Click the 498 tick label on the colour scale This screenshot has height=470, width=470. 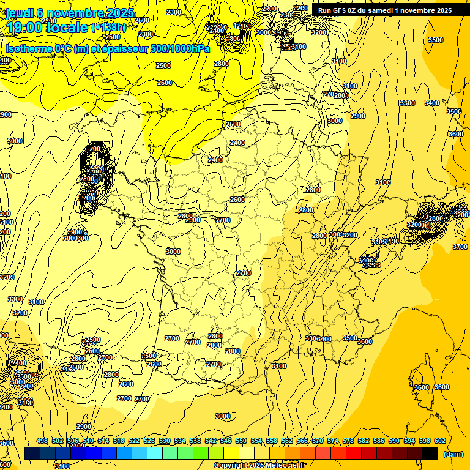[x=42, y=441]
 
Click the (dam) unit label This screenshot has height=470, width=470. [x=453, y=453]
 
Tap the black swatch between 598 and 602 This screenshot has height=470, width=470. [x=430, y=453]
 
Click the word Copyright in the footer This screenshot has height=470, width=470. [x=231, y=466]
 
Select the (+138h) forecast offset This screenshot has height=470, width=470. [x=108, y=27]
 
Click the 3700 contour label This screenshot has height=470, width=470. [x=459, y=246]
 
